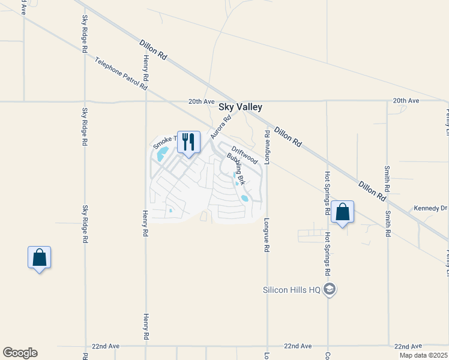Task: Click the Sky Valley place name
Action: [240, 107]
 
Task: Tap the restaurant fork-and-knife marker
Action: [188, 142]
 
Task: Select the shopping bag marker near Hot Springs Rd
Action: [342, 212]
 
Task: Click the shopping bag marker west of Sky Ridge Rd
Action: [39, 257]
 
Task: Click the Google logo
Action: [20, 353]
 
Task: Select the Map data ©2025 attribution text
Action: [423, 355]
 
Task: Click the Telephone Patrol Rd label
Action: [121, 73]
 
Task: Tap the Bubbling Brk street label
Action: [237, 169]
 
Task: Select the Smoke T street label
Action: [164, 142]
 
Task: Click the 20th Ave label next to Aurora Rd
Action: [201, 101]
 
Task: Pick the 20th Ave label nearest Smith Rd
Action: [406, 101]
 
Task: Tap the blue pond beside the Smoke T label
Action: [161, 156]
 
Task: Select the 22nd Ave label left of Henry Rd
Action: [106, 347]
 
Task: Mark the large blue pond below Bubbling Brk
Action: [244, 197]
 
